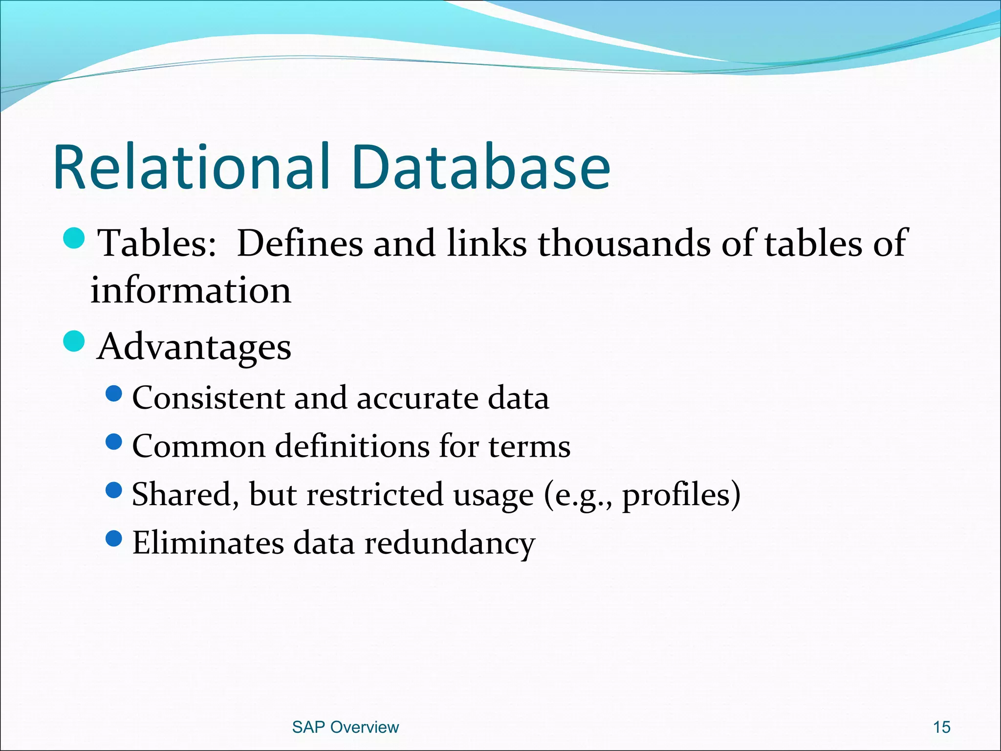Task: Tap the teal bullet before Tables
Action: [x=74, y=238]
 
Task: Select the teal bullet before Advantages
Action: [x=74, y=341]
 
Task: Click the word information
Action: [x=191, y=290]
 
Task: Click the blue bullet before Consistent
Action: [x=113, y=394]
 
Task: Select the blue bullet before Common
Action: [x=113, y=442]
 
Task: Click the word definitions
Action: [x=352, y=446]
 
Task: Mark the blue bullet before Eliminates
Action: [x=113, y=539]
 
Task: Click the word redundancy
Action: [x=450, y=544]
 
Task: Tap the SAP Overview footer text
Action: [x=345, y=727]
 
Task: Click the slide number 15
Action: [x=941, y=727]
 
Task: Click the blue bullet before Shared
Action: [x=113, y=490]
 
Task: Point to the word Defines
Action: [x=300, y=243]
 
